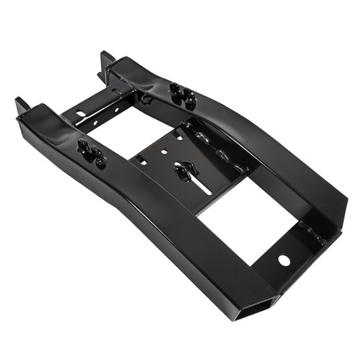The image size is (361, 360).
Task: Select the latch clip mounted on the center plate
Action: pos(185,171)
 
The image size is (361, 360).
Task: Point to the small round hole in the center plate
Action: pos(165,152)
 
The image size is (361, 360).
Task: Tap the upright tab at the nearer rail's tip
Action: pos(21,106)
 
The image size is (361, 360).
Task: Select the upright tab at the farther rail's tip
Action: pos(105,59)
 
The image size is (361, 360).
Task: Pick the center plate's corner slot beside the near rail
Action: pos(142,160)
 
